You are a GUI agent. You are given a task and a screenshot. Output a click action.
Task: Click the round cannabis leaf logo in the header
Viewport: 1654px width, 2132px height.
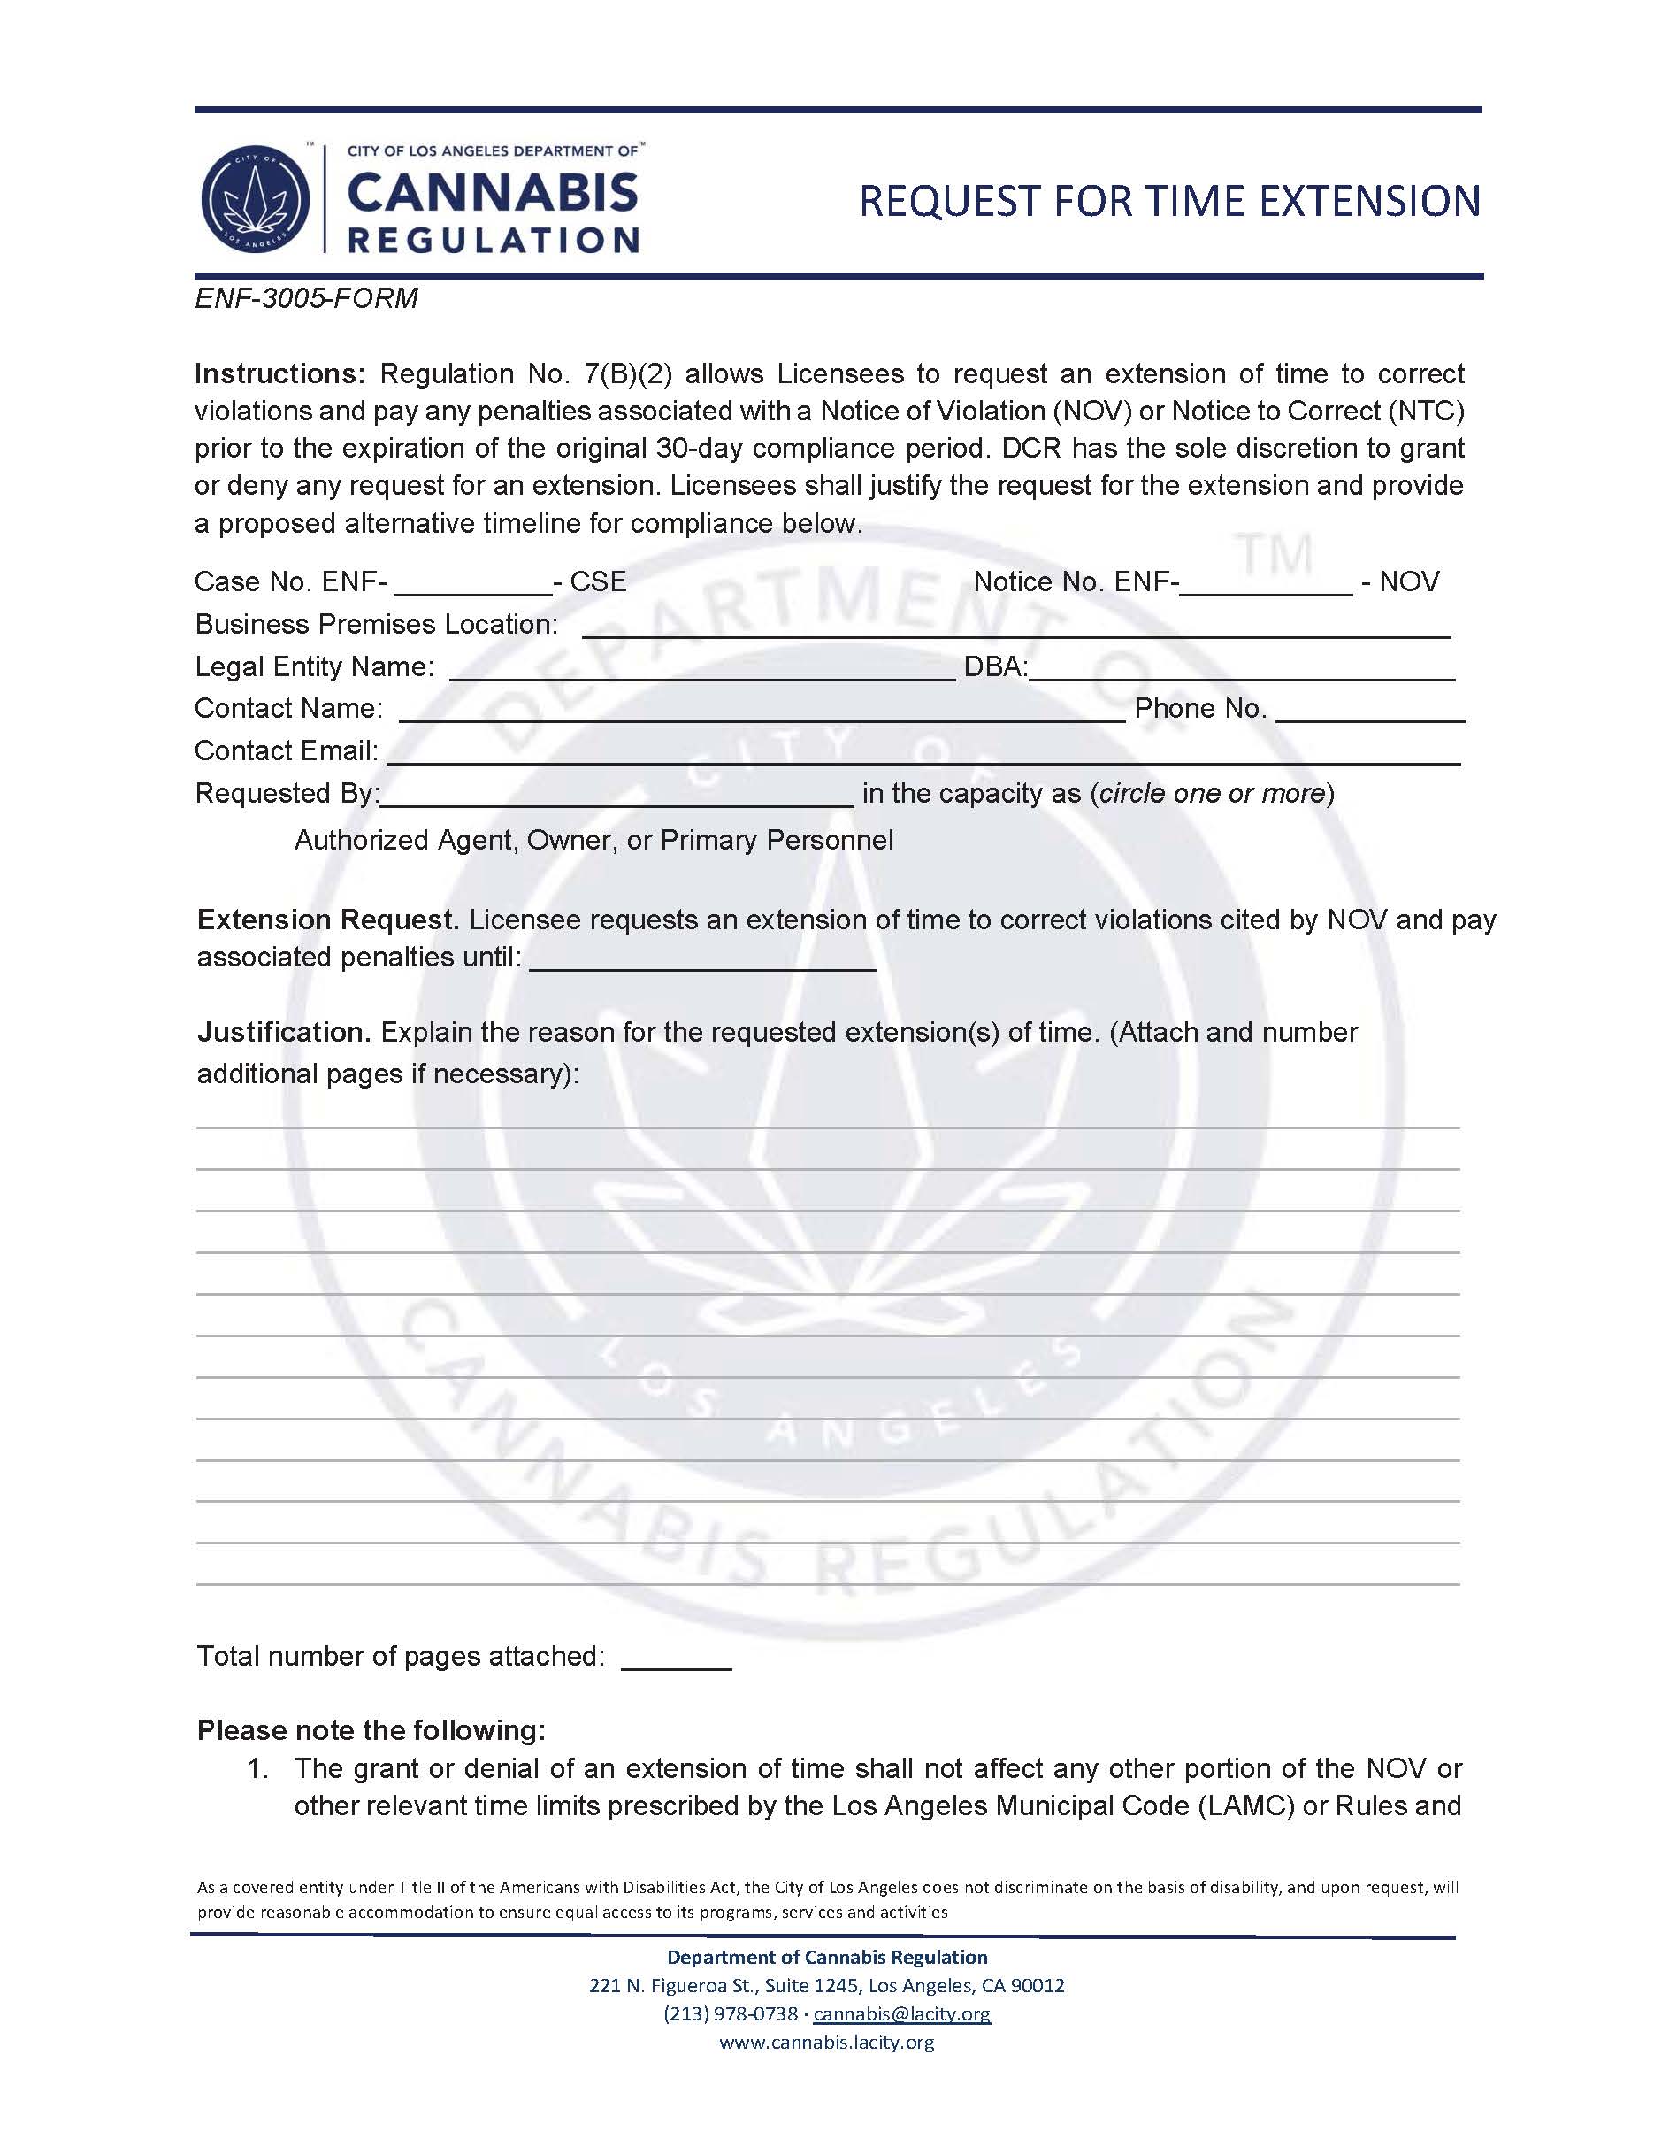(x=256, y=199)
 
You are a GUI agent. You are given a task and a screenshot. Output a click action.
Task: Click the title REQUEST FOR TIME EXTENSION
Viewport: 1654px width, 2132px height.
(x=1169, y=201)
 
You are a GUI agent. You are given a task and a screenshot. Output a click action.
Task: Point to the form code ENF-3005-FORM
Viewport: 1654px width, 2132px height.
(x=306, y=297)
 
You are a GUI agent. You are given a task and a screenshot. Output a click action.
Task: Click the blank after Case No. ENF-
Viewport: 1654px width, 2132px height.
(x=472, y=584)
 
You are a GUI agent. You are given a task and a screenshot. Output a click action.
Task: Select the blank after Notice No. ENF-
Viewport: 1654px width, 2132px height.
(x=1267, y=584)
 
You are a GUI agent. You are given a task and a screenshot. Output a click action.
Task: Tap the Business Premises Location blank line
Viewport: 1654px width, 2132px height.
(x=1015, y=627)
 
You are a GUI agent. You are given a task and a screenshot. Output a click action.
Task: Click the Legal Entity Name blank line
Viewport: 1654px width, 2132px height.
(x=701, y=669)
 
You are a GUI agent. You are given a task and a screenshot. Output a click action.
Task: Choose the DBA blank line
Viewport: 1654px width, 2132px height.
(x=1242, y=669)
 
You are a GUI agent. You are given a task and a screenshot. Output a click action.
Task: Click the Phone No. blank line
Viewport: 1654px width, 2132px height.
(x=1369, y=711)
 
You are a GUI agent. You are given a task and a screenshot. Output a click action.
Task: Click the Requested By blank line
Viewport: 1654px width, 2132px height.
(x=617, y=796)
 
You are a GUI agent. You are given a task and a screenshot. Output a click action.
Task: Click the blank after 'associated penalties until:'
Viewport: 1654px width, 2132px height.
(x=702, y=958)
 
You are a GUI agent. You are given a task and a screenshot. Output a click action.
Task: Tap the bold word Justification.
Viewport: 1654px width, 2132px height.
(x=284, y=1032)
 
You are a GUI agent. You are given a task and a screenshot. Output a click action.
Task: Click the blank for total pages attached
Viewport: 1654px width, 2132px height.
(x=677, y=1659)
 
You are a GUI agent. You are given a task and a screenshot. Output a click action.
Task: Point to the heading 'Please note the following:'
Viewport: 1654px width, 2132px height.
(x=371, y=1731)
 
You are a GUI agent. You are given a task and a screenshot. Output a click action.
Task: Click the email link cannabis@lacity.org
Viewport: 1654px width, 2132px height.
(x=901, y=2014)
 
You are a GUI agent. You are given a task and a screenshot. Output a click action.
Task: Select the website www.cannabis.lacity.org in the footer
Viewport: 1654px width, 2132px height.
(x=826, y=2043)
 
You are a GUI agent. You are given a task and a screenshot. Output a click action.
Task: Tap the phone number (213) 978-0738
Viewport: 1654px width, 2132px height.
(x=730, y=2014)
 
